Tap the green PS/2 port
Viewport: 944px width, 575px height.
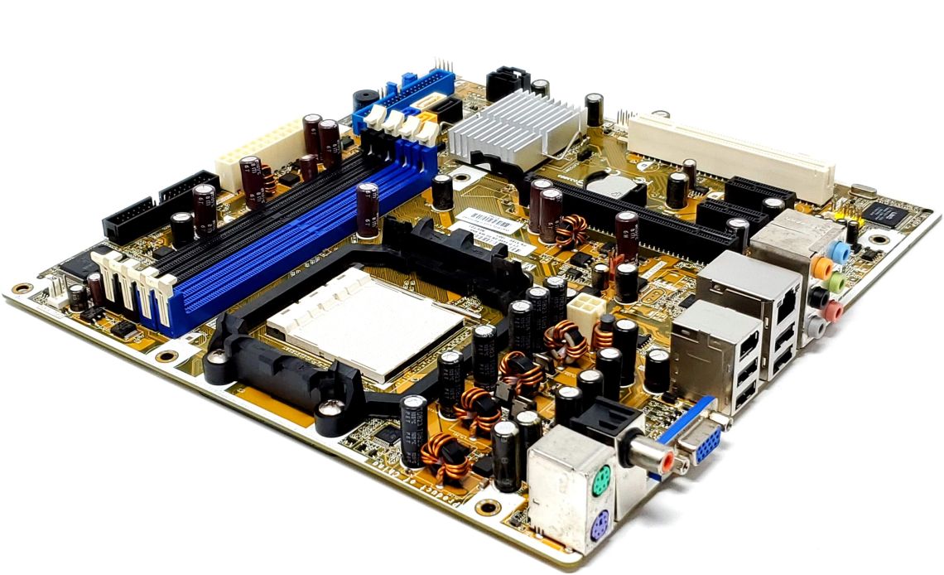[x=601, y=479]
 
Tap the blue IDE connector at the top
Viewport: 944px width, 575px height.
[x=406, y=97]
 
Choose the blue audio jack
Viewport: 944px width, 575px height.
[x=840, y=251]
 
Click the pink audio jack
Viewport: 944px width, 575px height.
[x=833, y=311]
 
